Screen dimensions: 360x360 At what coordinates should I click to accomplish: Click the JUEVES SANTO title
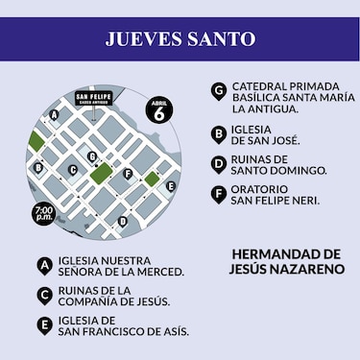tap(180, 39)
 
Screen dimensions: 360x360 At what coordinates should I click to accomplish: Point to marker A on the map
tap(54, 114)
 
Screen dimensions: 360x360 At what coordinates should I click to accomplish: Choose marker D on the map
tap(122, 221)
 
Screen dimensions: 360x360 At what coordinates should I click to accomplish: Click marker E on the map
tap(170, 186)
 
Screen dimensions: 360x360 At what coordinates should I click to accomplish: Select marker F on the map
tap(128, 174)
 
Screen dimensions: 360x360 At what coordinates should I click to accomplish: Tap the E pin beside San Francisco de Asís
tap(44, 325)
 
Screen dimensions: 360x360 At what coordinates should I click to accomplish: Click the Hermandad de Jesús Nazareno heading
tap(287, 262)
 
